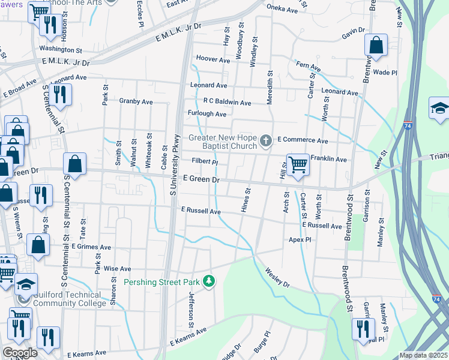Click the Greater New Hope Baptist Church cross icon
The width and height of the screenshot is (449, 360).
(267, 142)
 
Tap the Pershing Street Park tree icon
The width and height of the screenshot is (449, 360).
(209, 281)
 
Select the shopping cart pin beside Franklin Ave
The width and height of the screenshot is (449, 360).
(297, 164)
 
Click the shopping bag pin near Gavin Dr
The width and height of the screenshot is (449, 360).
(376, 46)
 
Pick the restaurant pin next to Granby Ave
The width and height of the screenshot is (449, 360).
(60, 95)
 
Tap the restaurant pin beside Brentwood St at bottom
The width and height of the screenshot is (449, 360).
(363, 329)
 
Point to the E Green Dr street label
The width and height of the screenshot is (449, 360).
(201, 179)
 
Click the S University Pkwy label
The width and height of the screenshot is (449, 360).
(175, 164)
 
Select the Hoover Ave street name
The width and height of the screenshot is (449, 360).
(214, 61)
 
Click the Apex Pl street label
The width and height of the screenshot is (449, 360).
(300, 239)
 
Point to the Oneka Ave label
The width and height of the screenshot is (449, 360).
(282, 10)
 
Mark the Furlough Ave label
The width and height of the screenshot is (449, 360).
(208, 114)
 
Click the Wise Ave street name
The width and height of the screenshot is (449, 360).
(117, 269)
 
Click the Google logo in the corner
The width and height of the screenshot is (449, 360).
(20, 353)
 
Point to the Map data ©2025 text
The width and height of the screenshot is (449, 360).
(423, 355)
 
